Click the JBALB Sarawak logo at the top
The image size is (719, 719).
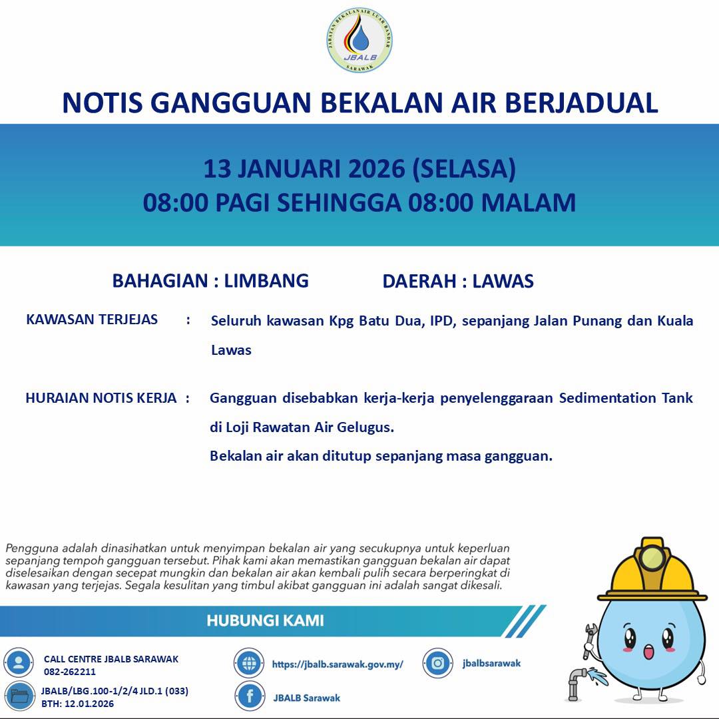coord(359,39)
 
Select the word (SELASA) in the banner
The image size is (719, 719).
coord(464,169)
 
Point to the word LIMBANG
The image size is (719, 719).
coord(266,281)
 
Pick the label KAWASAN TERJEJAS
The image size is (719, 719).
coord(92,320)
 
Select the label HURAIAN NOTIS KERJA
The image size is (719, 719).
coord(101,398)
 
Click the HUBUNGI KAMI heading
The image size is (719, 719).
coord(265,621)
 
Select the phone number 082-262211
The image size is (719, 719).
coord(70,672)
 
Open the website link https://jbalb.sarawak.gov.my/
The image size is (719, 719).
coord(338,664)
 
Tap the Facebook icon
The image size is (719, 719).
coord(250,696)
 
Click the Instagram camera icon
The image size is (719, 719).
coord(438,663)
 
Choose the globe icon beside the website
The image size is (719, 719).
coord(249,663)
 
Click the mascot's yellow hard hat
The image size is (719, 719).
coord(652,570)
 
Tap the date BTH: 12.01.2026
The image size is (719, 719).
coord(77,704)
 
